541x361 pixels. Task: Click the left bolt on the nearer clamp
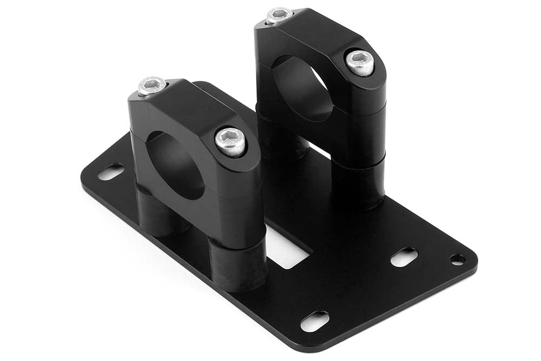[x=151, y=86]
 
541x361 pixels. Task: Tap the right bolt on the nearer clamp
[x=230, y=141]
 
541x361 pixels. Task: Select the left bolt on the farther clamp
[x=279, y=15]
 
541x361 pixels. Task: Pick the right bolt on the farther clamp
[x=360, y=63]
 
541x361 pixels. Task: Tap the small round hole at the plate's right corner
[x=458, y=260]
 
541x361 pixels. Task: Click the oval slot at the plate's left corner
[x=110, y=172]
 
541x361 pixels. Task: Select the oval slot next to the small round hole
[x=404, y=257]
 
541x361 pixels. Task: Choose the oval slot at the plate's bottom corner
[x=314, y=321]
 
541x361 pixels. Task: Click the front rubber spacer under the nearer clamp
[x=238, y=265]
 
